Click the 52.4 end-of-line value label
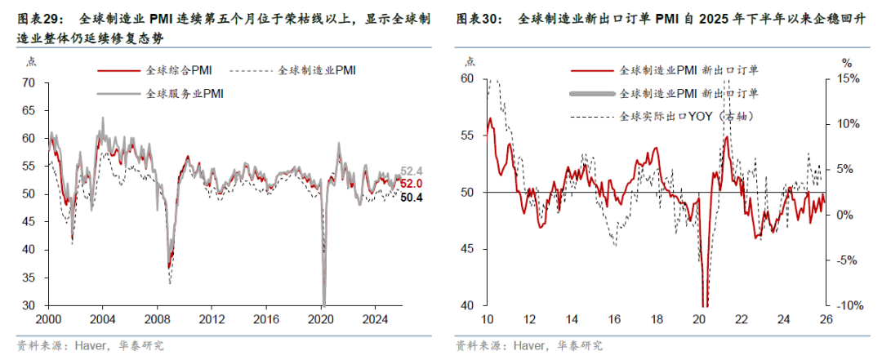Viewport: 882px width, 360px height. pos(412,171)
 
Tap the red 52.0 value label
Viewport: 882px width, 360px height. pos(412,184)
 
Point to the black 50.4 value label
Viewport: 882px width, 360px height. pos(412,197)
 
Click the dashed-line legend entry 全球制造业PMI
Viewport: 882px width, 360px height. pos(317,71)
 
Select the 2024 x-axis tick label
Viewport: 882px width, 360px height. pos(374,318)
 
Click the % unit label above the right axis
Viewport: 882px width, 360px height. pos(846,62)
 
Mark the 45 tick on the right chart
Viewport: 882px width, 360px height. pos(467,249)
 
